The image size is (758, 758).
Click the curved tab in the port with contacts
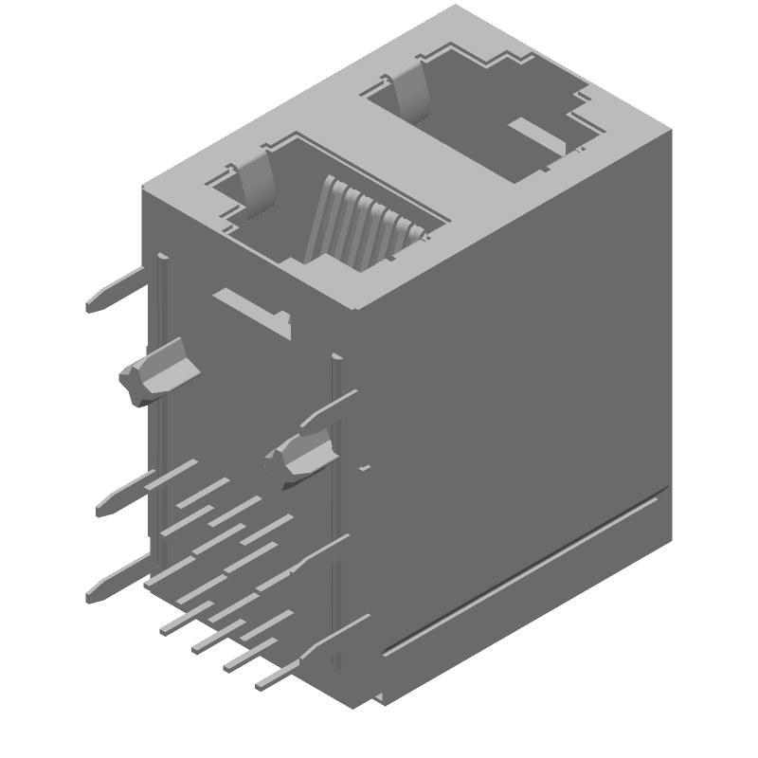(x=257, y=180)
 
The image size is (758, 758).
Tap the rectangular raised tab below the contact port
(x=252, y=311)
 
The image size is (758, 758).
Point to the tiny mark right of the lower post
(x=364, y=468)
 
